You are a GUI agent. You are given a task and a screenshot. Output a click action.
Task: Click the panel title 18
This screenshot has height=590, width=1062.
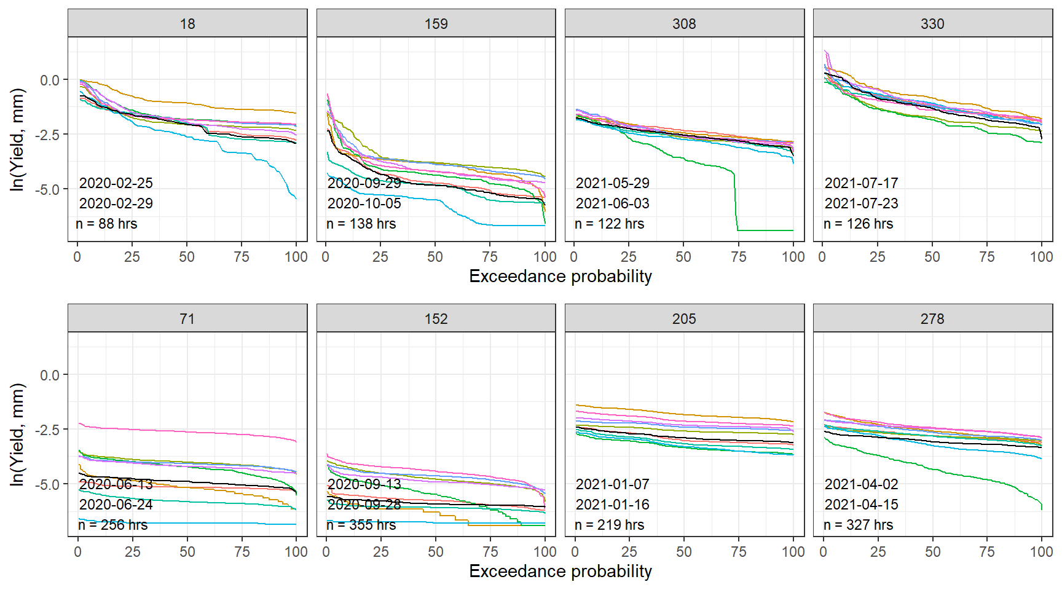pyautogui.click(x=187, y=24)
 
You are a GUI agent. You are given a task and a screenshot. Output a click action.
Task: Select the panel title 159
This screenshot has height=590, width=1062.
pyautogui.click(x=436, y=24)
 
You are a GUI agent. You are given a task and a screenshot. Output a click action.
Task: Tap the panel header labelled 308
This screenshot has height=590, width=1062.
pyautogui.click(x=684, y=24)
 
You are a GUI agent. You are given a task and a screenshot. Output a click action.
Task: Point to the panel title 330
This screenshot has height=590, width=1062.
pyautogui.click(x=932, y=24)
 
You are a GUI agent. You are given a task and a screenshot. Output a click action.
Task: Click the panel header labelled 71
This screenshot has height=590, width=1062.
pyautogui.click(x=187, y=319)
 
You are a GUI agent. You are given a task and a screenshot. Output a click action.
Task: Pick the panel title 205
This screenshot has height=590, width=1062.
pyautogui.click(x=684, y=319)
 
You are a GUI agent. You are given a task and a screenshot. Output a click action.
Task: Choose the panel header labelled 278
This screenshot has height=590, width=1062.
pyautogui.click(x=932, y=319)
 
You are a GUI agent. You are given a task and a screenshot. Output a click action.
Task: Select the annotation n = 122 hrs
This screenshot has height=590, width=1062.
pyautogui.click(x=609, y=224)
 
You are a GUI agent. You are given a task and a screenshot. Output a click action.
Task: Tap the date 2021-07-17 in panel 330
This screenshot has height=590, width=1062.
pyautogui.click(x=861, y=183)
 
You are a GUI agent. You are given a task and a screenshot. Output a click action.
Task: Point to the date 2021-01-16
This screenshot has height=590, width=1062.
pyautogui.click(x=612, y=505)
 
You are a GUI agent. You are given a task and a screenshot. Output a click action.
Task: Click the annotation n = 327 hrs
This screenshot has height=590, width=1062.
pyautogui.click(x=858, y=525)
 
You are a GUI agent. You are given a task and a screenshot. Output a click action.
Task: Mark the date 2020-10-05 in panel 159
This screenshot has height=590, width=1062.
pyautogui.click(x=364, y=203)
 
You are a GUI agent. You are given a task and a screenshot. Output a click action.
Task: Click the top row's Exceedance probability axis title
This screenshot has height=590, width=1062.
pyautogui.click(x=560, y=277)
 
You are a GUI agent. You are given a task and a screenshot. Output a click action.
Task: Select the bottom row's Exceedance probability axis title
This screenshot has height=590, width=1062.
pyautogui.click(x=560, y=572)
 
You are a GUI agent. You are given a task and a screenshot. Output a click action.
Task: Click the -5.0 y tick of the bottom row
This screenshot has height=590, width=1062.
pyautogui.click(x=49, y=484)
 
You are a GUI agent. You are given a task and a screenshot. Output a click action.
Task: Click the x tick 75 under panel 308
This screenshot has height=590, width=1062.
pyautogui.click(x=739, y=257)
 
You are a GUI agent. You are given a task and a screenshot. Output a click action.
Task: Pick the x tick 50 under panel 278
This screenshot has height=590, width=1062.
pyautogui.click(x=932, y=552)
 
